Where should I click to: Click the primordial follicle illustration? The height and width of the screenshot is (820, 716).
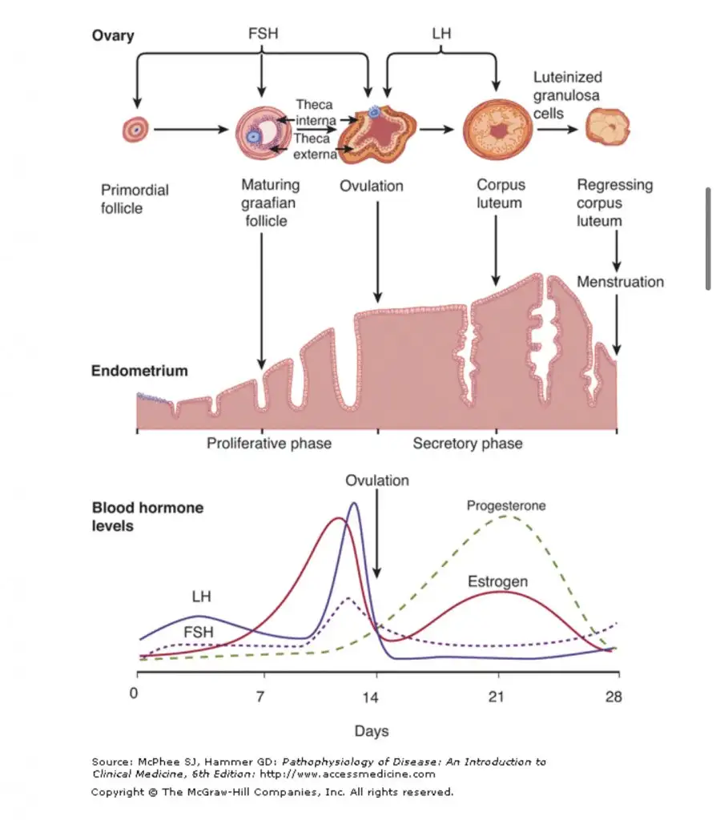point(136,128)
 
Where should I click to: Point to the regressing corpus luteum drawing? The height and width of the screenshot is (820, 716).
point(606,127)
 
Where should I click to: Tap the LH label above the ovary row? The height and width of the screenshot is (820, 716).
point(441,36)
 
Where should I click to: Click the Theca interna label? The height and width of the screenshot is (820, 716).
point(316,112)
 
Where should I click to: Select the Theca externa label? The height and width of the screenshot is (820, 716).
point(316,147)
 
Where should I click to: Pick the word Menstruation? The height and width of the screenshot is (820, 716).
point(620,282)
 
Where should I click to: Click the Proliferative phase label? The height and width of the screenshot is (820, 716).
point(269,443)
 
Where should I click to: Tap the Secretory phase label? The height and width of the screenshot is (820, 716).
point(467,443)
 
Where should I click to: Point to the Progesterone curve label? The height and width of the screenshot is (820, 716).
point(506,505)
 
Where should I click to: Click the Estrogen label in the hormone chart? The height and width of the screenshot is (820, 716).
point(497,581)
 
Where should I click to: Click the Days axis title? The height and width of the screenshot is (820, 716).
point(372,730)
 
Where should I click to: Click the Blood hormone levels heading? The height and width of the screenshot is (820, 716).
point(147,517)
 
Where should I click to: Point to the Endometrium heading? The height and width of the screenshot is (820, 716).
point(139,371)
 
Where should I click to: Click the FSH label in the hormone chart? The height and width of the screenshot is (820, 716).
point(199,632)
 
